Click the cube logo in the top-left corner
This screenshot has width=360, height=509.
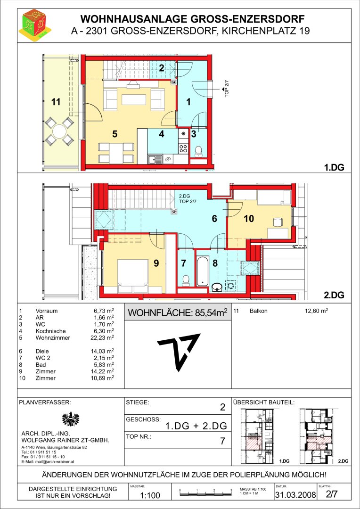[x=35, y=24]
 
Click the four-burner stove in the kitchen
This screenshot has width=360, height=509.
[x=183, y=148]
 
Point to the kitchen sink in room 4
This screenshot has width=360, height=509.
[x=155, y=159]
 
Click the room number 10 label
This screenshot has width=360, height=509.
[x=249, y=219]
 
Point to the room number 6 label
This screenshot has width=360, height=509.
[x=214, y=219]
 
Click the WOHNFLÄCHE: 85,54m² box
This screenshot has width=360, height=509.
[x=178, y=313]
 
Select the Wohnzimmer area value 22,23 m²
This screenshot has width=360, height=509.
[x=103, y=337]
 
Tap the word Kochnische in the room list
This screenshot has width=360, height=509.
[x=50, y=331]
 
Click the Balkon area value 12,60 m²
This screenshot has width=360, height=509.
[x=316, y=311]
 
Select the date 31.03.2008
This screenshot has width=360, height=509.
[x=295, y=495]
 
